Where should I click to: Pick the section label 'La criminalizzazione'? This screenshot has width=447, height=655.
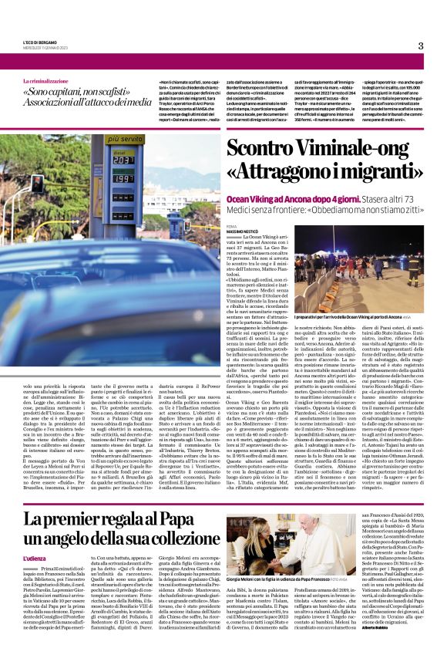67,81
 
